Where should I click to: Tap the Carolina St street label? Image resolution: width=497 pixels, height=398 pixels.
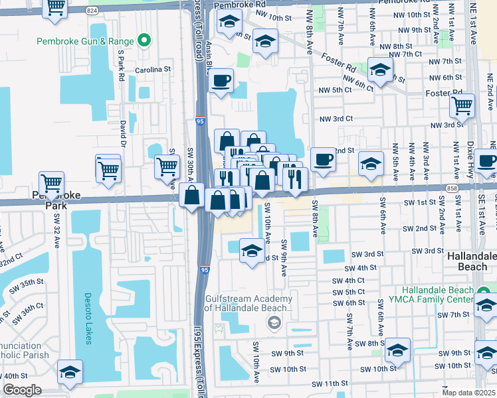coord(153,68)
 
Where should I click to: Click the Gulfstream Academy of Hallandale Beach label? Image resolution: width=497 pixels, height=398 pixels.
coord(248,303)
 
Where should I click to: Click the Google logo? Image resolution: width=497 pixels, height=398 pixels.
coord(22,390)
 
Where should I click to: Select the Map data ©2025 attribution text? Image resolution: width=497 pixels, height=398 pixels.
coord(468,393)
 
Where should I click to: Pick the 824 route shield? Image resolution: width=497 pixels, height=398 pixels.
coord(92,11)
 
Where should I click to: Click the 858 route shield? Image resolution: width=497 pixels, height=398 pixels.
coord(452,188)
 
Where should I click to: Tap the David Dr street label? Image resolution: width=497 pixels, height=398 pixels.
coord(123,132)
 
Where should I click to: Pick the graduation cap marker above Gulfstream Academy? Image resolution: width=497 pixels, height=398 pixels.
coord(251,252)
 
